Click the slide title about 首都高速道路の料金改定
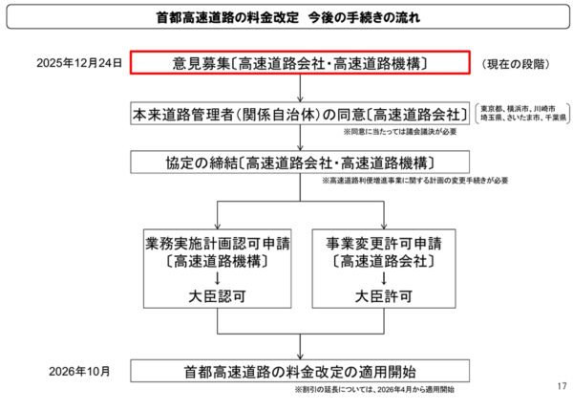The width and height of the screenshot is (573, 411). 286,18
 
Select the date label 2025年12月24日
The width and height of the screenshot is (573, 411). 79,64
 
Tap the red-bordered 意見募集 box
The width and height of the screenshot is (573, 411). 300,64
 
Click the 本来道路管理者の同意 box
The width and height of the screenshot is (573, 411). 300,115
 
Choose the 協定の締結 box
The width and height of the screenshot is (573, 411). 300,162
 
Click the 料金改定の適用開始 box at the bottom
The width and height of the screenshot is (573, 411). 300,370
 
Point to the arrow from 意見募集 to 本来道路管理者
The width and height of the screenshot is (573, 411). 300,89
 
